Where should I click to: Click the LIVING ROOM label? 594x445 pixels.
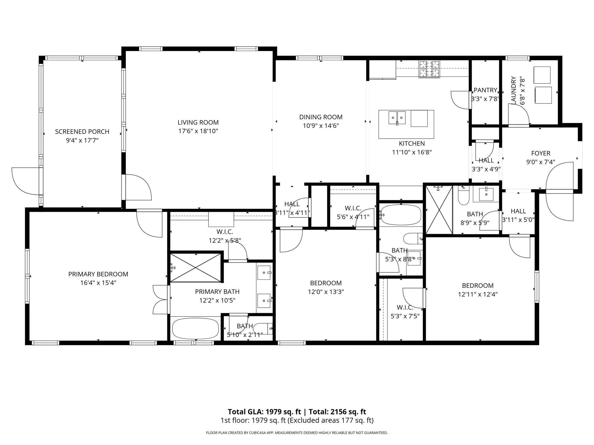point(198,123)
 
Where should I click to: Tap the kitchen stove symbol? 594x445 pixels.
point(429,69)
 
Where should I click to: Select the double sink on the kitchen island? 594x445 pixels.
point(397,118)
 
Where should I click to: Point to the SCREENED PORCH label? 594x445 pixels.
point(82,132)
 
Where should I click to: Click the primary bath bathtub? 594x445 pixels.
point(195,328)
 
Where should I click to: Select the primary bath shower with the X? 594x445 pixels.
point(195,268)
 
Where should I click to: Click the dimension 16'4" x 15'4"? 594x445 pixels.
point(98,283)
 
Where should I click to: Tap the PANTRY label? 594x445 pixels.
point(485,90)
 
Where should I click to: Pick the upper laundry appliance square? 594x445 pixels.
point(542,75)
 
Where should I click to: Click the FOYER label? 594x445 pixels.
point(541,153)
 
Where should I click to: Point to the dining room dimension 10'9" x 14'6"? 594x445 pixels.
point(321,126)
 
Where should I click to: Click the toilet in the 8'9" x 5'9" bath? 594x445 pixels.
point(463,196)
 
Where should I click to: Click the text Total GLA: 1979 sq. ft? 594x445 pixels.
point(264,412)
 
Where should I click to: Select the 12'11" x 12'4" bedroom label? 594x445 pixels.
point(478,286)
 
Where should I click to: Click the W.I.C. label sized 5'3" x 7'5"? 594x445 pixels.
point(405,308)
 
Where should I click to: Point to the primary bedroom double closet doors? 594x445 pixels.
point(160,300)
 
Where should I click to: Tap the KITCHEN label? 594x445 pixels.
point(412,144)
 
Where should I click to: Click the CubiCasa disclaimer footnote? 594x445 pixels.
point(297,433)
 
